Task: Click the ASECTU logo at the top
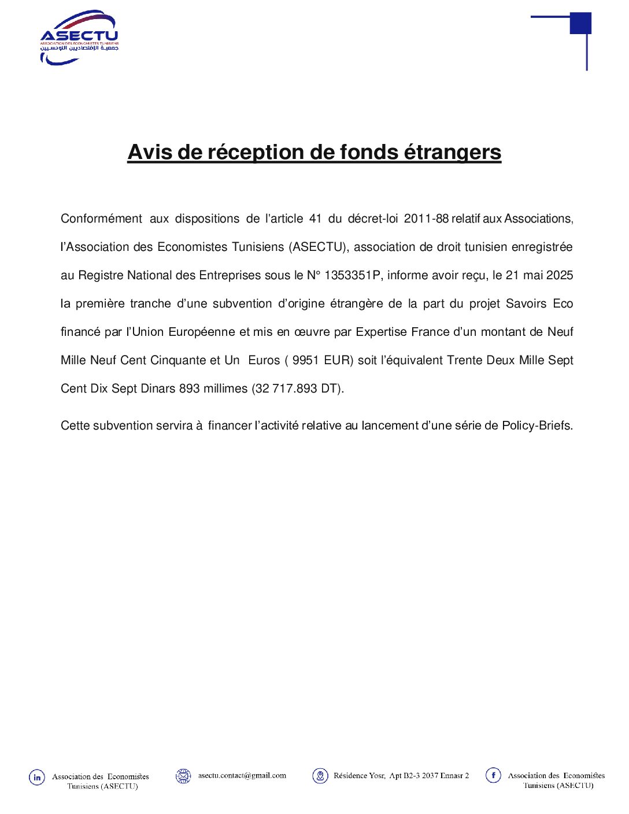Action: click(79, 38)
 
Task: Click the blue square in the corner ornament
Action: click(580, 23)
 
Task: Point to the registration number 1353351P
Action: click(352, 275)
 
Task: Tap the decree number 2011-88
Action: click(426, 219)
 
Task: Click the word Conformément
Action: click(101, 219)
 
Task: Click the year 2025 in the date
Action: click(559, 275)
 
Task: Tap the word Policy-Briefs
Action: click(537, 425)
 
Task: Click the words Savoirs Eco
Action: click(539, 304)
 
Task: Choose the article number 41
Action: click(315, 219)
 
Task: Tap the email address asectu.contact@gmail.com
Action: click(242, 776)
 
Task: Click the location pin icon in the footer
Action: click(320, 776)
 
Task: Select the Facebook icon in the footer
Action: click(493, 775)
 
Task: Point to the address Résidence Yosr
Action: click(359, 776)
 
